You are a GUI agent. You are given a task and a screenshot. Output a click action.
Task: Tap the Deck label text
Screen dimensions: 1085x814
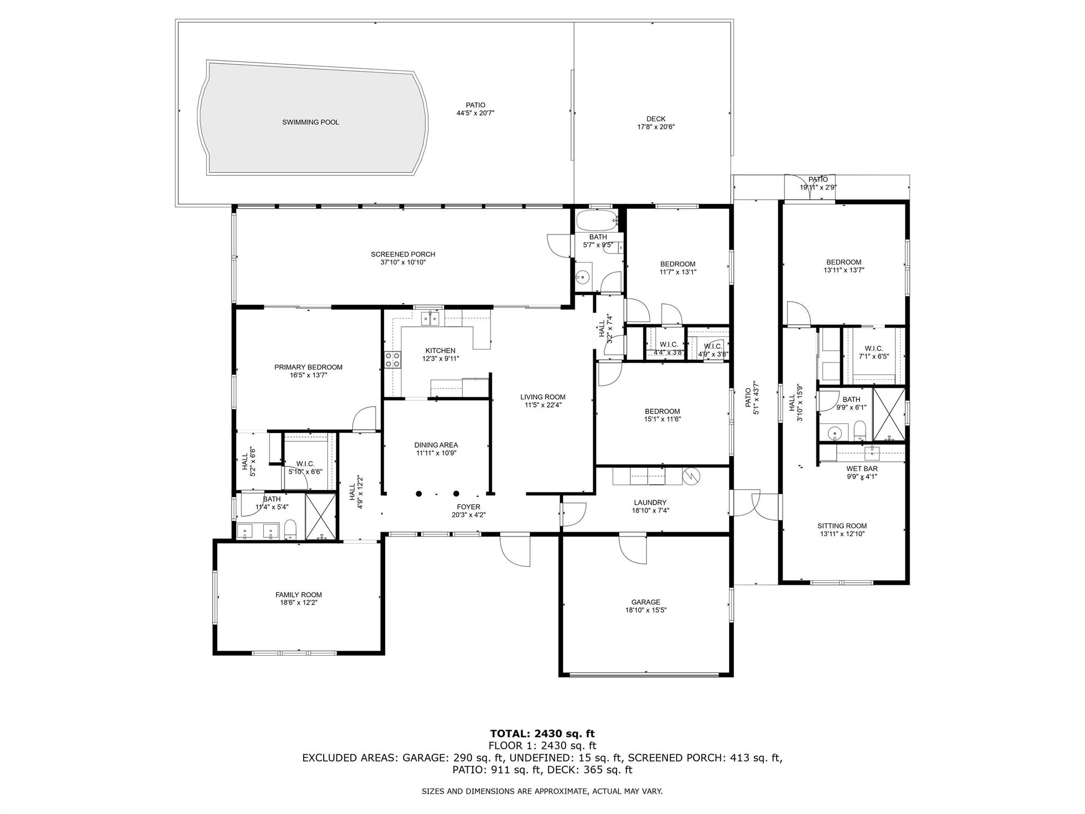pos(656,119)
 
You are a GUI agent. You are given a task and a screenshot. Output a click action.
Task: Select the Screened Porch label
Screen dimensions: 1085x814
pos(403,254)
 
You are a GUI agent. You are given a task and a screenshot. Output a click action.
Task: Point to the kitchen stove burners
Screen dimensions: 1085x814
pos(393,360)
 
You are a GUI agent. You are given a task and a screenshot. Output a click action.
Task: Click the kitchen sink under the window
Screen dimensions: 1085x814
pos(430,318)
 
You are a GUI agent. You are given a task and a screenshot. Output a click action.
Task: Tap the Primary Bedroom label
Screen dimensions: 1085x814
pos(308,367)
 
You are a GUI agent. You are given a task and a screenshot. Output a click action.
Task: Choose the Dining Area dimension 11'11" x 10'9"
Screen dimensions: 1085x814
pos(436,453)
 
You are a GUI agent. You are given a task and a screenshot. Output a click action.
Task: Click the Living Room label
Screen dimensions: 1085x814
pos(542,397)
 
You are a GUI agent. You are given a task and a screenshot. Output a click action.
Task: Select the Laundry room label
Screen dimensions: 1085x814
pos(650,503)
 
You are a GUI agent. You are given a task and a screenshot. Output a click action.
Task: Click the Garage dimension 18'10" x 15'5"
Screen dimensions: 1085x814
pos(646,610)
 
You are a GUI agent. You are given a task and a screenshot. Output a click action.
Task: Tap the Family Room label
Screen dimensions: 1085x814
pos(298,595)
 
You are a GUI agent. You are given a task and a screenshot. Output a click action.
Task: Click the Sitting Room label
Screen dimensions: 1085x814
pos(842,526)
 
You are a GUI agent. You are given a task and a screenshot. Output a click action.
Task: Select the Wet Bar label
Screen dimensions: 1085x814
pos(862,468)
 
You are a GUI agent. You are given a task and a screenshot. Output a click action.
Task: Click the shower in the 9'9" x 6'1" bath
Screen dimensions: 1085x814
pos(889,415)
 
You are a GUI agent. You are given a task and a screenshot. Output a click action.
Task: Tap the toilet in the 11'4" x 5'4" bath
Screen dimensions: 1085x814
pos(290,530)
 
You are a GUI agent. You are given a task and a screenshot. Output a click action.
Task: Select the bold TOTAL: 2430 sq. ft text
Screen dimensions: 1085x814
pos(542,733)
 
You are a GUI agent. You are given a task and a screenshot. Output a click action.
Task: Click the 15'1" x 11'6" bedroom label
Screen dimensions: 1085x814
pos(662,411)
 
